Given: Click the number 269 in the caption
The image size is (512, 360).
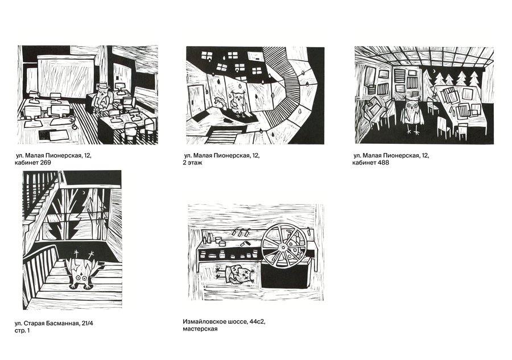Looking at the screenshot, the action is [46, 163].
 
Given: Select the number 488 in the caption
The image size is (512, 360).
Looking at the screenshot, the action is [383, 163].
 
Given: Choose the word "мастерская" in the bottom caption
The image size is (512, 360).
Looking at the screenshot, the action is [200, 329].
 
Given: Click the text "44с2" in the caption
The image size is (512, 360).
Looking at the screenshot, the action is [257, 321].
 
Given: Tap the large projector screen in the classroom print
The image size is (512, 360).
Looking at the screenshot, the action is [66, 76].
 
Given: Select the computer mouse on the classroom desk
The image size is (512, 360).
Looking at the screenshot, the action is [75, 125].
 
